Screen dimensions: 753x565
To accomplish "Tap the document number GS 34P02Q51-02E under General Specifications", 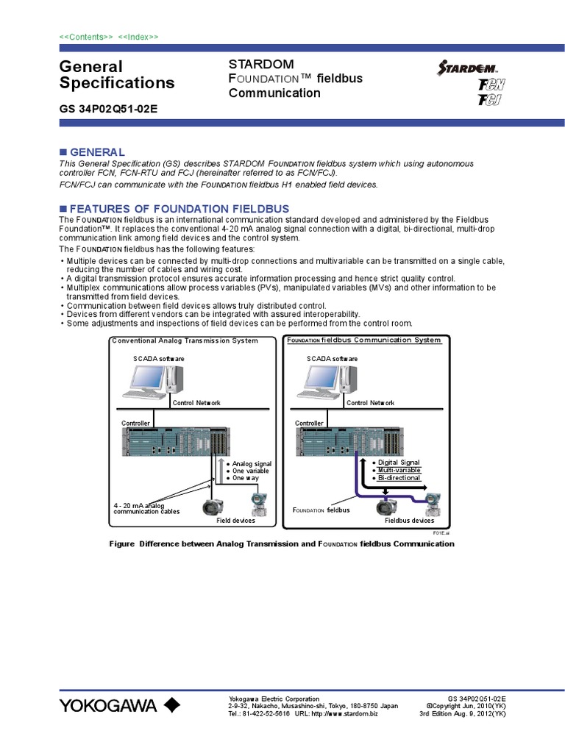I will tap(108, 109).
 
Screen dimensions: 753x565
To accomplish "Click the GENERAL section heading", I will tap(96, 151).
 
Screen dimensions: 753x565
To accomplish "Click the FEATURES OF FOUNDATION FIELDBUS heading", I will tap(179, 209).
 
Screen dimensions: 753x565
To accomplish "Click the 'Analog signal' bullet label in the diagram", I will tap(252, 464).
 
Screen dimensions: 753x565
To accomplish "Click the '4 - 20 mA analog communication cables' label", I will tap(146, 509).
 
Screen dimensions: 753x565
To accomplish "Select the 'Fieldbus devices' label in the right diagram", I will tap(409, 520).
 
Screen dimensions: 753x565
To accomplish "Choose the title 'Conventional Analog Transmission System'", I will tap(185, 340).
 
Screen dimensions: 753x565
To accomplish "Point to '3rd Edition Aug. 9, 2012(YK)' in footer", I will tap(462, 713).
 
